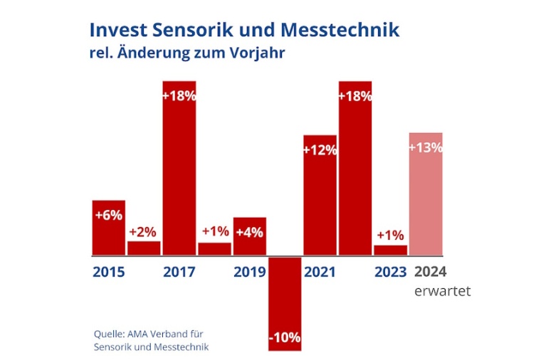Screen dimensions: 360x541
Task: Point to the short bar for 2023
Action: [390, 250]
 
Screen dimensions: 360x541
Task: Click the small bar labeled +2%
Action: [144, 248]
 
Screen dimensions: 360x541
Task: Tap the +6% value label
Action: [108, 214]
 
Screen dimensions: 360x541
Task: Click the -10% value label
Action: [285, 337]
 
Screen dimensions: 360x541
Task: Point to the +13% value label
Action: [426, 147]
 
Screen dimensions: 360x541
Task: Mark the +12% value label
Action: [320, 150]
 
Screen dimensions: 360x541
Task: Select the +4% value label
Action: [249, 232]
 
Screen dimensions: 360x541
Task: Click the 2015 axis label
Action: [108, 272]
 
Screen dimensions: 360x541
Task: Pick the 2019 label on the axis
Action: [249, 272]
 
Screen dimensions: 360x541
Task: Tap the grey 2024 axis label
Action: [430, 272]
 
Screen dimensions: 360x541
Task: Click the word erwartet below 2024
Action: [442, 291]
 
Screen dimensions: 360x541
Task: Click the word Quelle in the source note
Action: [108, 333]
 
